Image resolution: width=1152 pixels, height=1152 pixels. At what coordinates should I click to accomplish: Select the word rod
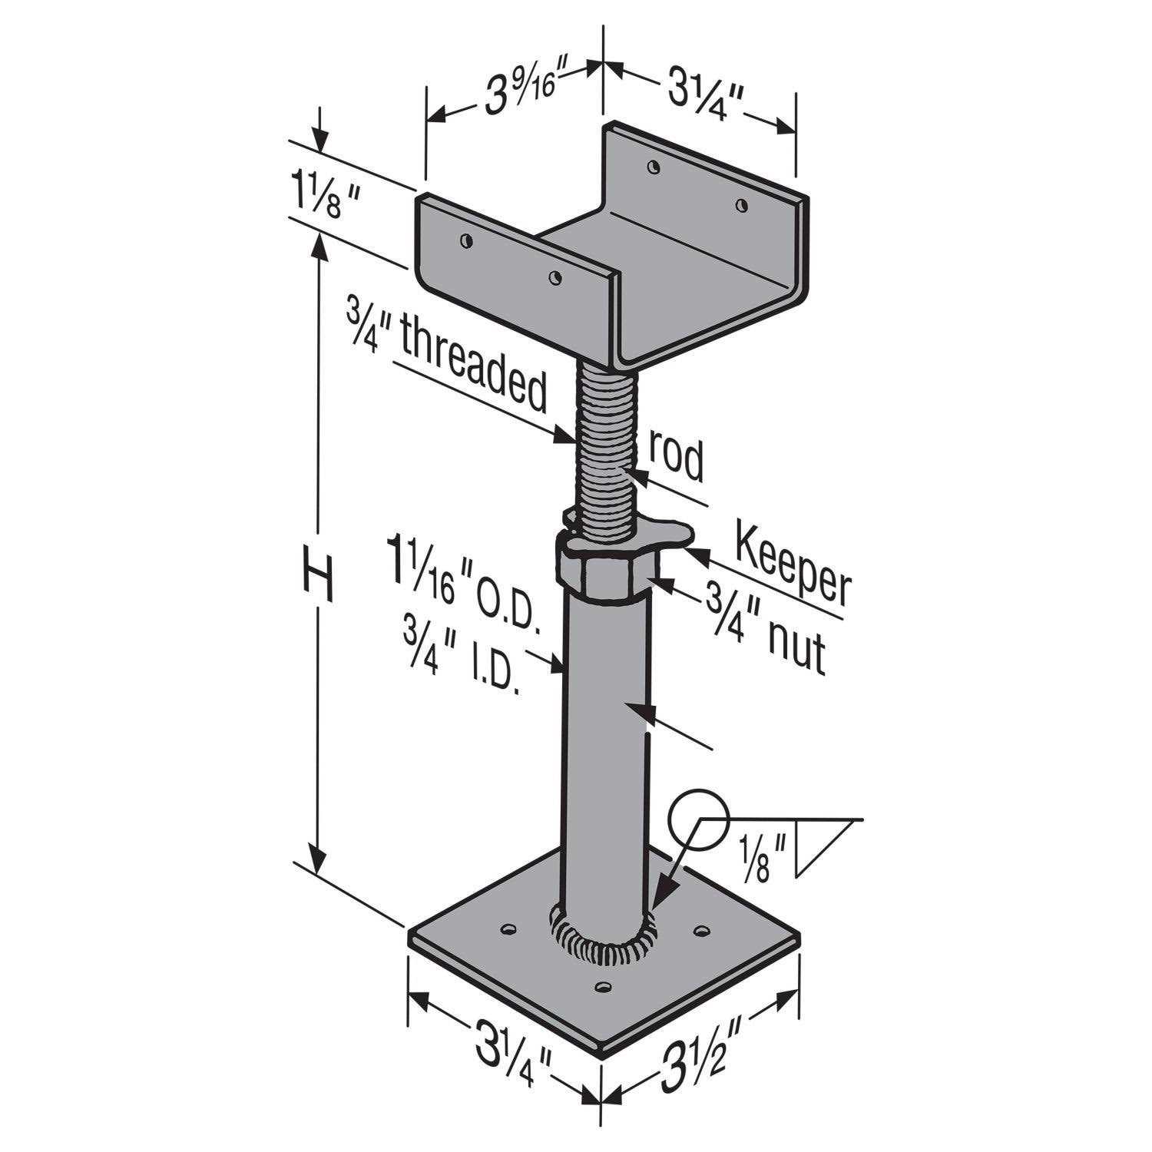click(x=676, y=458)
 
